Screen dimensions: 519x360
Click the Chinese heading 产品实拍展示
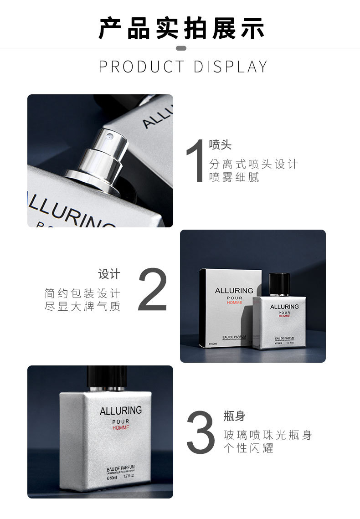181,28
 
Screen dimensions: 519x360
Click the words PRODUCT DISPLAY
183,67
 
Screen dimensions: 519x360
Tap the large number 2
153,290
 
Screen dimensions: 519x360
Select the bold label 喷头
221,145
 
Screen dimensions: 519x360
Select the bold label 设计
109,274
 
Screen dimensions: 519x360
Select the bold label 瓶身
235,416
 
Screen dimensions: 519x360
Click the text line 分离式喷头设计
253,164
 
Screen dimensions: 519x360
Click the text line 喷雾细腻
234,178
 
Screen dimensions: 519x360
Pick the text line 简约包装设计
82,293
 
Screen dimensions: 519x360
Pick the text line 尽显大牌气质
82,307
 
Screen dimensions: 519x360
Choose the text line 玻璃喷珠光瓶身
268,435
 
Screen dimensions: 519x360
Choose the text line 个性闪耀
248,448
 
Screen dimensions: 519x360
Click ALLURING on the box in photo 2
234,291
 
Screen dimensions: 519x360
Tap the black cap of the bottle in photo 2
279,284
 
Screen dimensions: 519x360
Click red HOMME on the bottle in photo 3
121,428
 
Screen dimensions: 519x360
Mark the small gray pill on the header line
181,48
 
